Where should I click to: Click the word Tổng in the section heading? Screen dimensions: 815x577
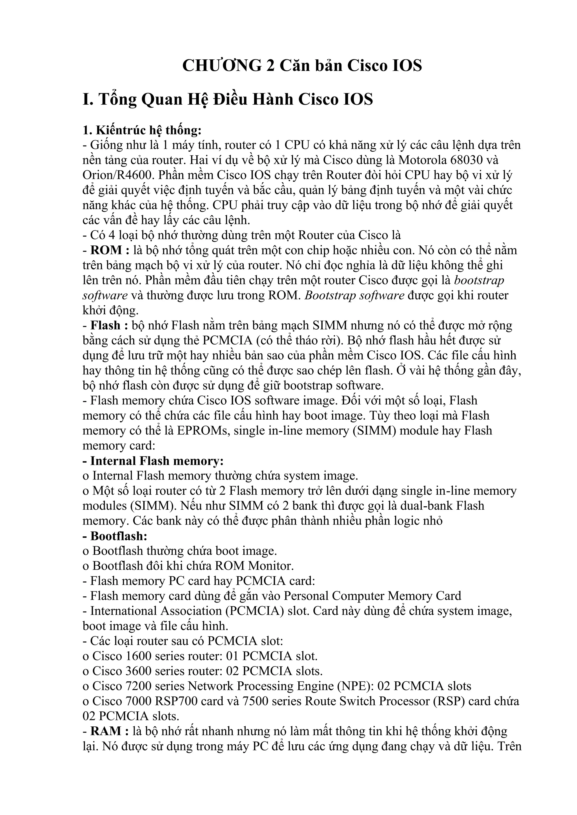(117, 100)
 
